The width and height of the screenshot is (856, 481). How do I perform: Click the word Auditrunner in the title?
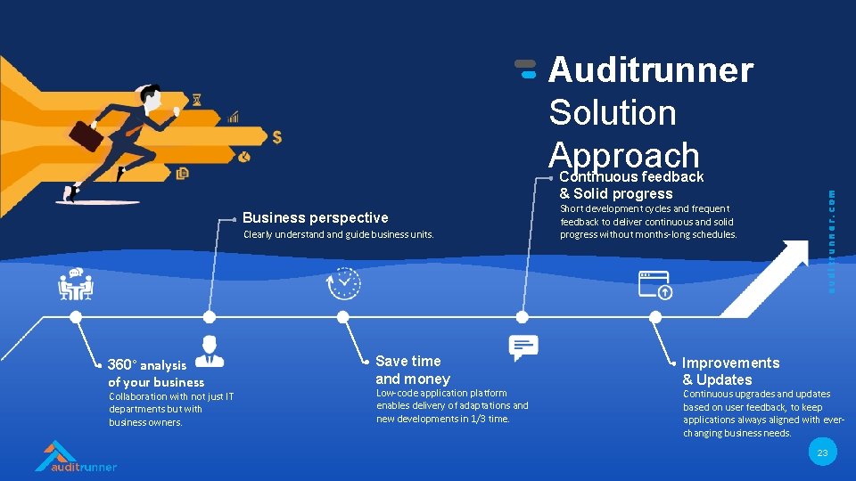point(651,69)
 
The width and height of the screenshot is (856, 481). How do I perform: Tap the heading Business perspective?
point(315,217)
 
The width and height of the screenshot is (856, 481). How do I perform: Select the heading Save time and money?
point(412,370)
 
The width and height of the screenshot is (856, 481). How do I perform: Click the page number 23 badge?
point(822,453)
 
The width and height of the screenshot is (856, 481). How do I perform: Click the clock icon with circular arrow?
point(344,282)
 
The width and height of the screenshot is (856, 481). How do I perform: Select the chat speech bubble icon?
point(523,347)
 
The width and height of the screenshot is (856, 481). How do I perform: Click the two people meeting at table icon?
point(76,284)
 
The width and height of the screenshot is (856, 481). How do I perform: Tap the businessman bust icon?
point(209,350)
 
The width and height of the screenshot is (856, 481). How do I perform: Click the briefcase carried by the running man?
point(86,135)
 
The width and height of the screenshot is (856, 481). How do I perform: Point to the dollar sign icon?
point(277,137)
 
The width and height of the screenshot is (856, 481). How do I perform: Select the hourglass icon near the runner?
point(196,100)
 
